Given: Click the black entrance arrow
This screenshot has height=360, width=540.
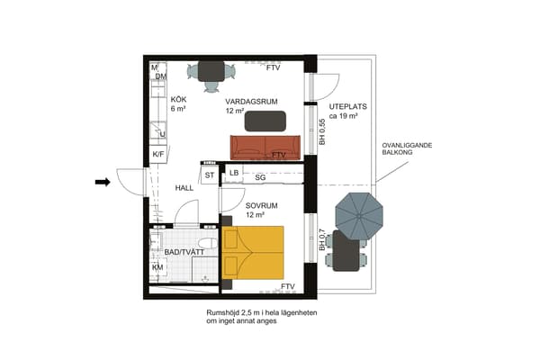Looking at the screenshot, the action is (x=103, y=182).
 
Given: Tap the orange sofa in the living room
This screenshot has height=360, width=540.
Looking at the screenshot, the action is (x=265, y=148).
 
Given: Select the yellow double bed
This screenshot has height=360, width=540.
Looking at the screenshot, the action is (x=253, y=253).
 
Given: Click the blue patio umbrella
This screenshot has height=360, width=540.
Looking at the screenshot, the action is (x=359, y=216).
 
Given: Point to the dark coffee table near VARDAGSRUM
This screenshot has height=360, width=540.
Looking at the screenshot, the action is (x=265, y=121).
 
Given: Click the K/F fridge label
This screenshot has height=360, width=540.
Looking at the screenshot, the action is (x=158, y=154).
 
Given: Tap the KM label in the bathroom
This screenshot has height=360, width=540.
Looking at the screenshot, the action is (x=157, y=267).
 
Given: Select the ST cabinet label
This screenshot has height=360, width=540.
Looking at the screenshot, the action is (x=210, y=175).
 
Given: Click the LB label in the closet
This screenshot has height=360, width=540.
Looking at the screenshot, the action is (x=234, y=173).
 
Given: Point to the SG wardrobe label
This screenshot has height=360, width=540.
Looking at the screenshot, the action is (x=260, y=177).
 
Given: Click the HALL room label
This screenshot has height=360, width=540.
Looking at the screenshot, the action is (x=184, y=188).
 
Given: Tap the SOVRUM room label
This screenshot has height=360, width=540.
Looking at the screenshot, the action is (x=261, y=206).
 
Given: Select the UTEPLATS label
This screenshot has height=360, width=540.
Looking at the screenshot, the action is (x=347, y=106).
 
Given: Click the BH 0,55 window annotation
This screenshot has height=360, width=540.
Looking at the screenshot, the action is (x=322, y=131).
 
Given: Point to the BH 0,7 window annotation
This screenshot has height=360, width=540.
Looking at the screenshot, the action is (x=322, y=239).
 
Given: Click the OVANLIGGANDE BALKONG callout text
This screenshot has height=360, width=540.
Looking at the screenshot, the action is (x=407, y=148).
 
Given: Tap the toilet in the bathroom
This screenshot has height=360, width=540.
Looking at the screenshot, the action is (x=209, y=243).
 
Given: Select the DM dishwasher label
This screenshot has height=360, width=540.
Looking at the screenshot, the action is (x=161, y=76).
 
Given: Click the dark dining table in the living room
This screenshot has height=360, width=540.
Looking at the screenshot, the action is (x=211, y=71).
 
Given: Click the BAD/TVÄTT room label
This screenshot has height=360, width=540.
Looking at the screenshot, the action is (x=184, y=252).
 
